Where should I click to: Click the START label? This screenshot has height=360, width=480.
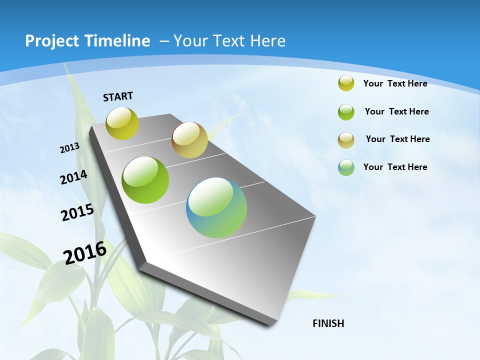pos(118,96)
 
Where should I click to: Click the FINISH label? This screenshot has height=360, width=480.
pos(328,323)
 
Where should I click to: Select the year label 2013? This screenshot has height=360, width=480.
pos(70,148)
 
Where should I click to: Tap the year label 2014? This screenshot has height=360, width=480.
pos(74,177)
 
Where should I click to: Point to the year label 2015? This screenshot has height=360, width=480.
pos(77,212)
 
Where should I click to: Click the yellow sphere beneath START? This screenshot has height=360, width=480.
pos(122,123)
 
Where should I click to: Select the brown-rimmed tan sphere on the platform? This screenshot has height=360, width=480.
pos(189,140)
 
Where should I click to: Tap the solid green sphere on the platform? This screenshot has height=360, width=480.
pos(145,180)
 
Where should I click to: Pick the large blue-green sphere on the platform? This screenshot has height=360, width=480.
pos(216,207)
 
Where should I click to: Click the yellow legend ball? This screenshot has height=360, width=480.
pos(346,83)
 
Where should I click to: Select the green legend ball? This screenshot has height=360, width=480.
pos(346,111)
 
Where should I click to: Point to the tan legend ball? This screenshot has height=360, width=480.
pos(346,139)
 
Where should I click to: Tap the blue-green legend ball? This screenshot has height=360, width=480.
pos(346,167)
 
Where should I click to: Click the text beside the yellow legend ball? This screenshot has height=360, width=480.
pos(395,83)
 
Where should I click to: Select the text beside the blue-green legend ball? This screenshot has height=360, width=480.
pos(395,167)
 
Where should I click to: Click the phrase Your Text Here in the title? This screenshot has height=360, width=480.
pos(229,41)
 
